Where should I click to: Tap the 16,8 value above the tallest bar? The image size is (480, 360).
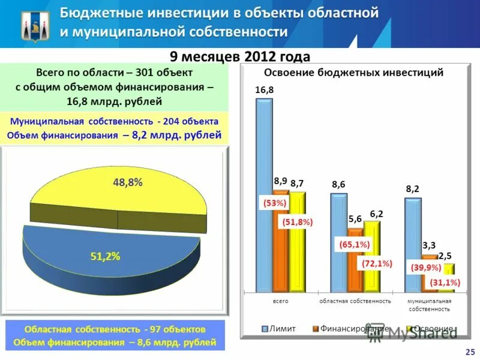[264, 90]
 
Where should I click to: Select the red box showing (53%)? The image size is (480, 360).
[275, 203]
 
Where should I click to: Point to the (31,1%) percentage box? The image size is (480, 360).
[445, 283]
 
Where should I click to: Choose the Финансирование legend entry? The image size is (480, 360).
[351, 329]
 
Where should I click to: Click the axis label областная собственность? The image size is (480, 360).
[355, 301]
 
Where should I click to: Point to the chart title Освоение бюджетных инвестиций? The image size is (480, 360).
[354, 73]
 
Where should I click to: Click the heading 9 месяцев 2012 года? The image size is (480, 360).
[240, 56]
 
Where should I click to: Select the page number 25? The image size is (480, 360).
[469, 351]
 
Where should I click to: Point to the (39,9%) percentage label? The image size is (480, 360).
[426, 268]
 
